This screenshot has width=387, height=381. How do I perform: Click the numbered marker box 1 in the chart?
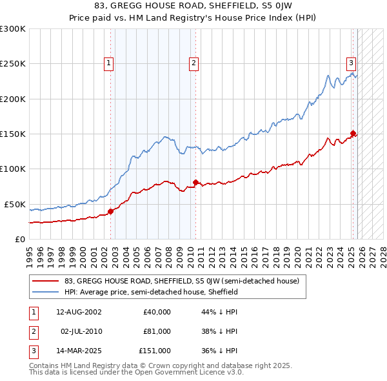point(108,63)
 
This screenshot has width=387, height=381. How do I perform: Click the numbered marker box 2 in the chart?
point(193,63)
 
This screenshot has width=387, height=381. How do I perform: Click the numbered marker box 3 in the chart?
point(351,63)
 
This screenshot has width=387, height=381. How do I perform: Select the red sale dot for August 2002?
point(110,211)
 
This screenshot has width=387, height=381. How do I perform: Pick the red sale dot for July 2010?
point(195,182)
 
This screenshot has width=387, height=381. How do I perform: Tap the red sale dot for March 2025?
point(353,134)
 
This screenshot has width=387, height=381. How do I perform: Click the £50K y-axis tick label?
point(14,204)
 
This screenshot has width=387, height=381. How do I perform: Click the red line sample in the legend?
point(47,282)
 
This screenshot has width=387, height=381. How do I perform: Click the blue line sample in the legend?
point(47,292)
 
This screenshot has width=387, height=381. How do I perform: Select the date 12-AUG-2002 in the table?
point(79,311)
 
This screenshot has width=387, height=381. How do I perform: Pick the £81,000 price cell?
point(157,331)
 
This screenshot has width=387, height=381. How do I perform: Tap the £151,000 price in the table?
point(155,351)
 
